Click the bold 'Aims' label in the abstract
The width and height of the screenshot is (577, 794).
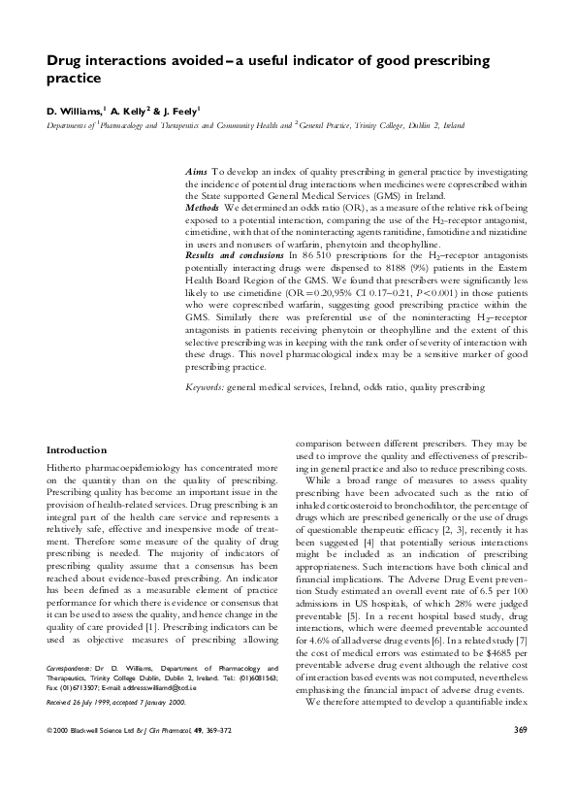(x=195, y=170)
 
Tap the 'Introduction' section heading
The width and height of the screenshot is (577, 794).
(x=78, y=450)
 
